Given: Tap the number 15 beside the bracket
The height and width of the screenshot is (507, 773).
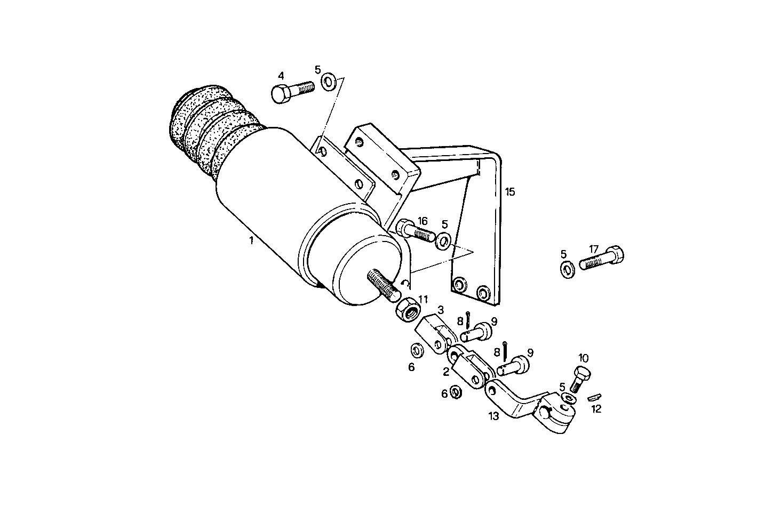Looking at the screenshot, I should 510,191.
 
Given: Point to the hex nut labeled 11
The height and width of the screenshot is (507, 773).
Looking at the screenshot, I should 408,309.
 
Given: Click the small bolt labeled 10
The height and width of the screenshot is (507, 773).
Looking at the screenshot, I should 581,377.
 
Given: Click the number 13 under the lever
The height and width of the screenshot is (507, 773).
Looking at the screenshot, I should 494,416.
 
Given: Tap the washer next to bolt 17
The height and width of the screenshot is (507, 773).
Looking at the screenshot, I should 567,268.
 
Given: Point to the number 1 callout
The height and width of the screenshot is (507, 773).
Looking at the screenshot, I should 251,241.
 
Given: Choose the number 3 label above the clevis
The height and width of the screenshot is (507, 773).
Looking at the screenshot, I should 441,309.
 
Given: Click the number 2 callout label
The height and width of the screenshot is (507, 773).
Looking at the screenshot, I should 447,372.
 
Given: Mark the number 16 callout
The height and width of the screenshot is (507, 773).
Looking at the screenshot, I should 423,221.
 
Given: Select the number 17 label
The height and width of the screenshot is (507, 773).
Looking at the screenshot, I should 594,248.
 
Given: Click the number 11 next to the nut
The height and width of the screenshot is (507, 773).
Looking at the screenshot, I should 423,299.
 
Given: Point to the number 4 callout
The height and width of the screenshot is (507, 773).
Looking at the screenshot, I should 281,75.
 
